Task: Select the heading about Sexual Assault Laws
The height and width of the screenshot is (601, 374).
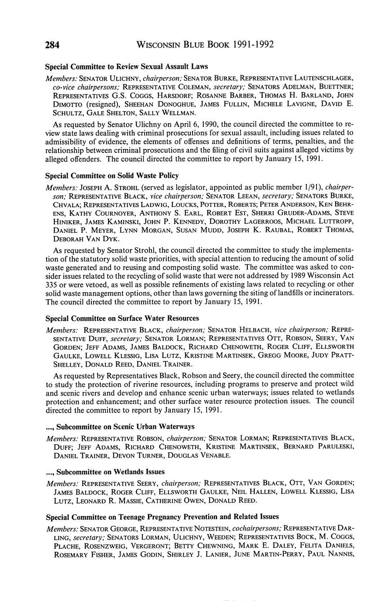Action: coord(126,67)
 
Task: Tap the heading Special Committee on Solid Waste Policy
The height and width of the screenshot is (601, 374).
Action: coord(112,176)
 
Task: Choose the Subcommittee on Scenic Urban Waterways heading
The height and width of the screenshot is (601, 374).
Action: coord(120,426)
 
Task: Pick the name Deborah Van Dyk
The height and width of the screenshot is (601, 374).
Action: coord(81,239)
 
